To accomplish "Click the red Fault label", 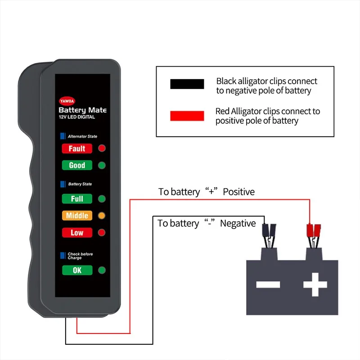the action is (x=76, y=148).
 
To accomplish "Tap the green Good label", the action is (x=76, y=165).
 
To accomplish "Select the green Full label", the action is (x=76, y=198).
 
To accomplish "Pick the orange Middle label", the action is (x=76, y=216).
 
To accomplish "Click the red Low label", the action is (x=76, y=233).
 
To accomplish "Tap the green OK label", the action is (x=76, y=270).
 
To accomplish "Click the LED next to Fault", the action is (x=101, y=148).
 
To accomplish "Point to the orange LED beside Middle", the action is (x=101, y=216).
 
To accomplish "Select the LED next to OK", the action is (x=101, y=270).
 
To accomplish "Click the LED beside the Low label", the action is (x=101, y=233).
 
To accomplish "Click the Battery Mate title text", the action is (x=82, y=110).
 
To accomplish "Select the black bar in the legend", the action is (x=187, y=84).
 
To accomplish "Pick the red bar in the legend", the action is (x=187, y=116).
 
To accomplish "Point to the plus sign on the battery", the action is (x=314, y=284).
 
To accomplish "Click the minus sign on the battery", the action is (x=268, y=284).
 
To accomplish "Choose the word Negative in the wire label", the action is (x=238, y=224).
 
